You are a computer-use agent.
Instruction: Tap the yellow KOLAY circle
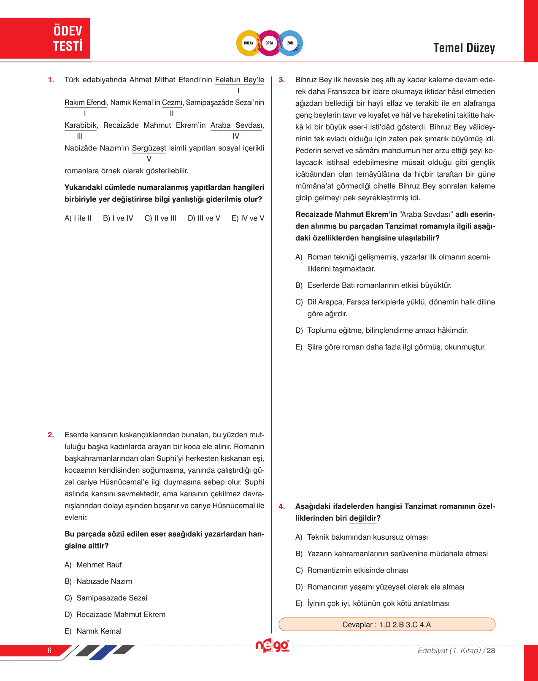click(249, 43)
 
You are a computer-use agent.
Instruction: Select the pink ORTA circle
click(269, 43)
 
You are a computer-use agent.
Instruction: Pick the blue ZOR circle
click(290, 43)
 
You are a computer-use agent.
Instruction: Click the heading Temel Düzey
click(464, 48)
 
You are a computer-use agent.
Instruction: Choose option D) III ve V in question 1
click(204, 218)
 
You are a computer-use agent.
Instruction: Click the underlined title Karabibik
click(81, 125)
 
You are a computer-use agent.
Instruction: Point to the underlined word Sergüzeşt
click(149, 148)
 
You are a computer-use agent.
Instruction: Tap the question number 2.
click(51, 435)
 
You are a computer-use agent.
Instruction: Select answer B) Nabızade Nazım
click(98, 581)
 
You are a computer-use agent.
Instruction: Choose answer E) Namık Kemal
click(93, 631)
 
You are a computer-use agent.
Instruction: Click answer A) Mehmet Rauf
click(93, 565)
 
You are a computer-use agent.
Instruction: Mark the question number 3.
click(282, 80)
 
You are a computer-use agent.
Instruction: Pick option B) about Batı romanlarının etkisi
click(373, 285)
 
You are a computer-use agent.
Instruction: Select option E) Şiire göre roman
click(390, 347)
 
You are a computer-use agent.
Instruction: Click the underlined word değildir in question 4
click(363, 518)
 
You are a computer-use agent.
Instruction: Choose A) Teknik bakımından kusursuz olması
click(362, 537)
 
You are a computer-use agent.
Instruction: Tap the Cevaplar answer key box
click(387, 624)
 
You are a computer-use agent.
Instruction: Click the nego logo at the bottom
click(272, 646)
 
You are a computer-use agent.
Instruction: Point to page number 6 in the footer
click(49, 650)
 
